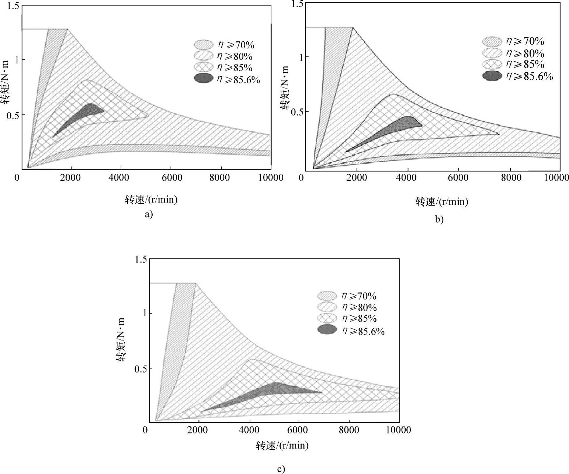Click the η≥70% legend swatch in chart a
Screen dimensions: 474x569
tap(204, 45)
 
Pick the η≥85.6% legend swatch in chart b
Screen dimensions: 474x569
tap(492, 76)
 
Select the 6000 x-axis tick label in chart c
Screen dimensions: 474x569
tap(298, 430)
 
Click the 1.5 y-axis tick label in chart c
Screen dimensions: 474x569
tap(140, 259)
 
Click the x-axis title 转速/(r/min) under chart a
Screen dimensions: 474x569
tap(151, 200)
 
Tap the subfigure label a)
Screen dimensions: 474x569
tap(149, 215)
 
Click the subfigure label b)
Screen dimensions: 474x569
tap(439, 219)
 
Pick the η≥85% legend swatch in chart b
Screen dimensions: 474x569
tap(492, 65)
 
